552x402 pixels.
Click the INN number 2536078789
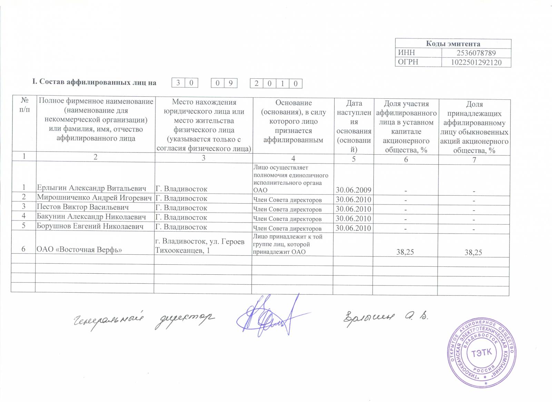coord(476,53)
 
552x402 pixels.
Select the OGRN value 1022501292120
coord(476,62)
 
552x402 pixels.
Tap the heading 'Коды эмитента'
coord(453,44)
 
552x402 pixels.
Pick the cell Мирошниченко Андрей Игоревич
coord(94,198)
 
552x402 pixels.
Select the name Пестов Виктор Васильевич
coord(83,207)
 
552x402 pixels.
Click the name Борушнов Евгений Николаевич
coord(90,227)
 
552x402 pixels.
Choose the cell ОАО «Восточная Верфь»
coord(79,249)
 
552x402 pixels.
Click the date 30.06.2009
coord(353,190)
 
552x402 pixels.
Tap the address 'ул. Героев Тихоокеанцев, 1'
coord(200,246)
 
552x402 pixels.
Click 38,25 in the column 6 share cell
coord(405,252)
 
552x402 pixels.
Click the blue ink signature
coord(269,316)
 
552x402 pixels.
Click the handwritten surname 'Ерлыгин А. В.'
coord(384,316)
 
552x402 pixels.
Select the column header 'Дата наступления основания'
coord(354,126)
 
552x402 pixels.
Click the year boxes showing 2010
coord(276,84)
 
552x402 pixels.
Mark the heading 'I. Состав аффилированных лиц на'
coord(94,82)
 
